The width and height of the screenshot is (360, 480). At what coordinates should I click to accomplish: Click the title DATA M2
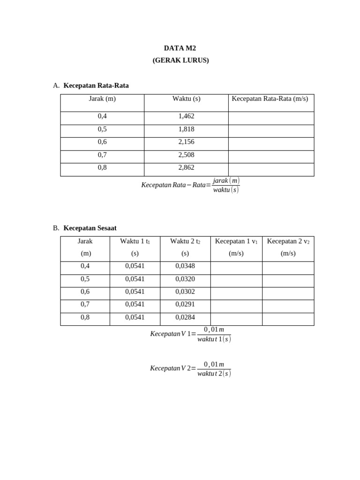pos(180,48)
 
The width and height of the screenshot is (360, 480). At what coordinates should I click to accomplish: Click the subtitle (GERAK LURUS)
pos(180,60)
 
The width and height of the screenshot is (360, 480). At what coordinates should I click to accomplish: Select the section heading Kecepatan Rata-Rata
pos(96,85)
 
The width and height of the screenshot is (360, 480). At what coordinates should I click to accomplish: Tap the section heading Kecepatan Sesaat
pos(90,228)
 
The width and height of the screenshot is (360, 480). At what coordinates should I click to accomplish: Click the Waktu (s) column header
pos(186,98)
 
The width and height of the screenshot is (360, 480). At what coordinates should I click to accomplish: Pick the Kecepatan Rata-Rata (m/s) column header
pos(270,98)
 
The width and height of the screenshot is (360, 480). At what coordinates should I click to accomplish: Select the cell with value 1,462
pos(186,116)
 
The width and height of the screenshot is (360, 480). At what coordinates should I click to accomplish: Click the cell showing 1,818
pos(186,129)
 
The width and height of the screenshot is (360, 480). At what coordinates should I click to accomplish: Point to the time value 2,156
pos(186,142)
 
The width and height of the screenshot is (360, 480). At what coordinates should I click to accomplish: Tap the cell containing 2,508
pos(186,155)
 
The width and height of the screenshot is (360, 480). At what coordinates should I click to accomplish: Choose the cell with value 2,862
pos(186,167)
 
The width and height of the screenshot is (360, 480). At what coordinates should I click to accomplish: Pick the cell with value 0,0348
pos(185,266)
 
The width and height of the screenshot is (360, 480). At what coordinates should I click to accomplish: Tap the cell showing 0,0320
pos(185,279)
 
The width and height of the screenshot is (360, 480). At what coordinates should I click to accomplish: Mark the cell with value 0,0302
pos(185,292)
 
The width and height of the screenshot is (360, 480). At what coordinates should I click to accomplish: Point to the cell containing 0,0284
pos(185,317)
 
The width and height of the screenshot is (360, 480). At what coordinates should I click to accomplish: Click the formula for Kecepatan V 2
pos(190,368)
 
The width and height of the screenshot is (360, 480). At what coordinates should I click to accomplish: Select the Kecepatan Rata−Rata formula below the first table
pos(190,185)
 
